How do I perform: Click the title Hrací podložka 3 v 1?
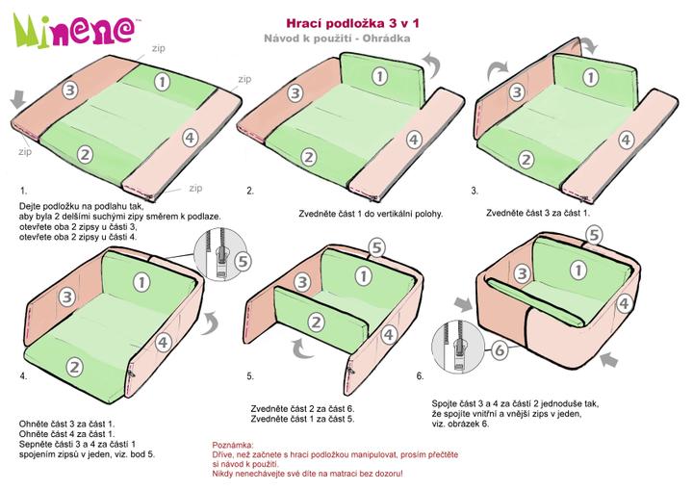[x=352, y=23]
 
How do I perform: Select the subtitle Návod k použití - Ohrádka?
[x=337, y=39]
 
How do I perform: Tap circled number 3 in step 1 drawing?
[x=69, y=90]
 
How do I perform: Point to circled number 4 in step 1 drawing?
[x=190, y=138]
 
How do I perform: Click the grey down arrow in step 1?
[x=18, y=98]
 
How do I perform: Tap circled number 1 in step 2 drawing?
[x=379, y=76]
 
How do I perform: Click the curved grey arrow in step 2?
[x=431, y=64]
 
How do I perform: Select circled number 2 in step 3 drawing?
[x=526, y=159]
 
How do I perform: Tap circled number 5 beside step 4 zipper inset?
[x=243, y=261]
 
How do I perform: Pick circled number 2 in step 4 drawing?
[x=74, y=367]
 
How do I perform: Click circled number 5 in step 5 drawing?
[x=376, y=248]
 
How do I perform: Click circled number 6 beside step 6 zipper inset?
[x=500, y=349]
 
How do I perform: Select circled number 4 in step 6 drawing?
[x=624, y=304]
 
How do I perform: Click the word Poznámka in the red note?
[x=233, y=445]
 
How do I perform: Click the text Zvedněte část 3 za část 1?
[x=538, y=213]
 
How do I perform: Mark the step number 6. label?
[x=420, y=375]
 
